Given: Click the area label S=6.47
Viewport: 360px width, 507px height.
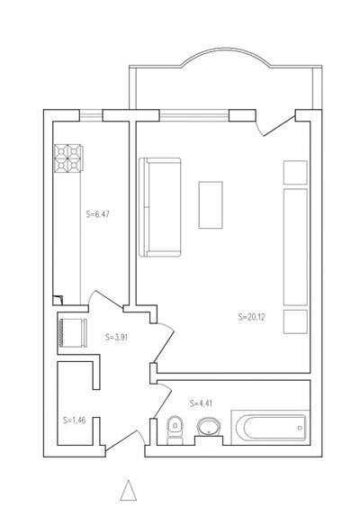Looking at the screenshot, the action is click(97, 214).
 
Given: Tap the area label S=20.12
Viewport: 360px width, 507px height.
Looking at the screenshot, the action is click(251, 317).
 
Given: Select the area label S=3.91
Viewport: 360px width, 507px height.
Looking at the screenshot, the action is click(116, 337).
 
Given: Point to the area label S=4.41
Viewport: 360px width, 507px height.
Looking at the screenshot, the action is click(202, 403).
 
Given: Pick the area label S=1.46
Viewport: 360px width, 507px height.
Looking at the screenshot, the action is click(75, 421).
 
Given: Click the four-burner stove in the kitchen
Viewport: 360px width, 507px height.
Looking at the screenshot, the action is click(68, 158).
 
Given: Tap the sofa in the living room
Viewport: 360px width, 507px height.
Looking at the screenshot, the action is click(159, 207).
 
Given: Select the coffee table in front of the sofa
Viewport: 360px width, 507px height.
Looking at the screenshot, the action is click(211, 205).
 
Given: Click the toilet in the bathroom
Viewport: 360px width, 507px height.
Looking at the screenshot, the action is click(175, 430).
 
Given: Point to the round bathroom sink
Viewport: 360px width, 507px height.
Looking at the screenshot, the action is click(209, 427).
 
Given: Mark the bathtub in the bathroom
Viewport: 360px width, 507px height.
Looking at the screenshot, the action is click(271, 428).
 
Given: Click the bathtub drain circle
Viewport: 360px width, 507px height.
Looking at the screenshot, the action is click(300, 428).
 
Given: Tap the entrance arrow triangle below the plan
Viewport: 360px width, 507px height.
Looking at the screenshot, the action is click(129, 491).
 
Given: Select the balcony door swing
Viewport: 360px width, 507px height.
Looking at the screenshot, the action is click(275, 126).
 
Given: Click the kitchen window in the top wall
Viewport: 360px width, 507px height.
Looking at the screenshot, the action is click(91, 115).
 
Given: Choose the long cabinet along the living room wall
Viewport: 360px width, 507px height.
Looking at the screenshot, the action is click(295, 247).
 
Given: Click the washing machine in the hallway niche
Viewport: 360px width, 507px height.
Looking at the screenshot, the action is click(73, 333).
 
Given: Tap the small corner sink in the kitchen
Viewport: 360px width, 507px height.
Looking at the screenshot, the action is click(58, 300).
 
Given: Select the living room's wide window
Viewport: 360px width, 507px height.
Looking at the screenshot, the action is click(194, 115).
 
